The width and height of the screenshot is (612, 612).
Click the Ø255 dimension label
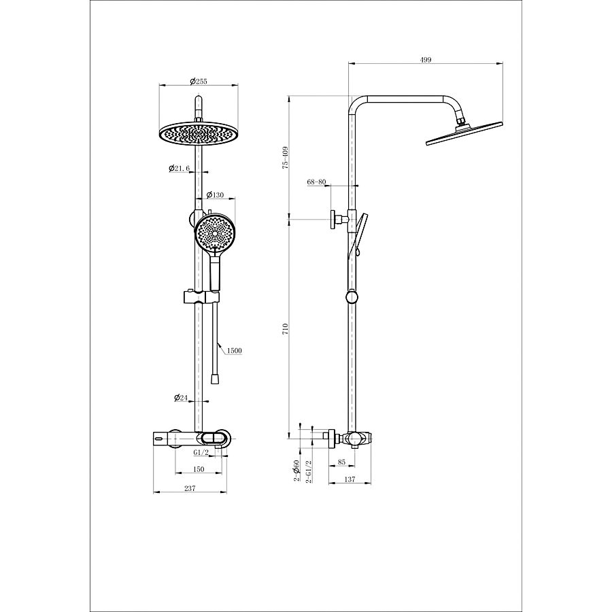(x=199, y=81)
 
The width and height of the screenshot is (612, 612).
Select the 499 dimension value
(x=426, y=60)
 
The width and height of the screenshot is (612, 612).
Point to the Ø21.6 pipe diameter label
(x=179, y=168)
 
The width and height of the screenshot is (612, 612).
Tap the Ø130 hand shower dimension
(x=215, y=194)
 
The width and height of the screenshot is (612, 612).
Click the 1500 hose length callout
(x=234, y=350)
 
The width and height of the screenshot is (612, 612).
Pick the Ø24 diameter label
(x=181, y=398)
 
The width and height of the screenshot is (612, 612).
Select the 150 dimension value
(x=199, y=469)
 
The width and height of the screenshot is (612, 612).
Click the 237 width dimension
(x=190, y=488)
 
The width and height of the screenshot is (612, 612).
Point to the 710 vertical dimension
(x=286, y=328)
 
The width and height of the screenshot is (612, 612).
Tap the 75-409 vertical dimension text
(x=286, y=157)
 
